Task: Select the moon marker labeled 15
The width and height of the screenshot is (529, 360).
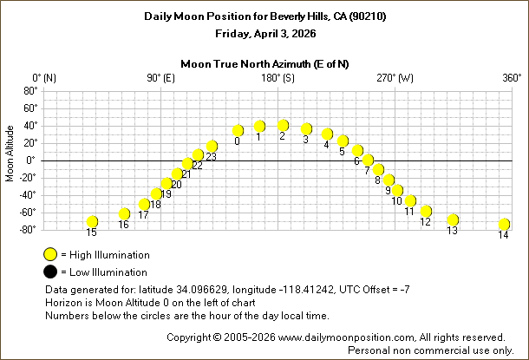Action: [x=92, y=222]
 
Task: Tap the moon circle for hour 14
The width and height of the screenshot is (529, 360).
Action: [x=504, y=225]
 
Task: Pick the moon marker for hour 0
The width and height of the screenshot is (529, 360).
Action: [x=238, y=131]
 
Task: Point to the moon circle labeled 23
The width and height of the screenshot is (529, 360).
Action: [x=212, y=147]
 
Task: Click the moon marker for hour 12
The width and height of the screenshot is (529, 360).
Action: [x=426, y=212]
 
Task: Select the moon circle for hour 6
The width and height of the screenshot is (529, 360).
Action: [x=357, y=151]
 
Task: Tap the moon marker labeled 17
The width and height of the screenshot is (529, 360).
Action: [x=144, y=205]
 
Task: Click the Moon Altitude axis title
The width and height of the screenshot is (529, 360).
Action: [x=10, y=154]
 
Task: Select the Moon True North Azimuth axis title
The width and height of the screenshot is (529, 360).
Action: [x=264, y=63]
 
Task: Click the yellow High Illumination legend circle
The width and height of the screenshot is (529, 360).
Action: [x=50, y=255]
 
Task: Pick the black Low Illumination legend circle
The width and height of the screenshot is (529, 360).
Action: [x=50, y=272]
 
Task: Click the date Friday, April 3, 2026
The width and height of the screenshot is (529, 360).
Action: [x=264, y=34]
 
